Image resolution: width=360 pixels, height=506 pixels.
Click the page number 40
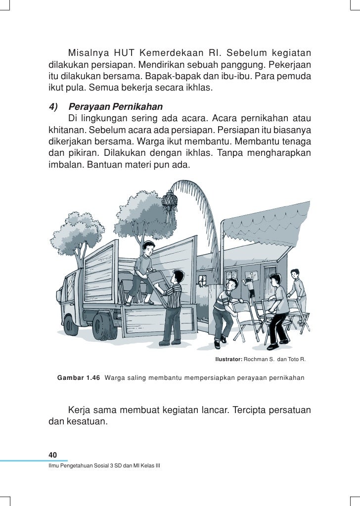53,455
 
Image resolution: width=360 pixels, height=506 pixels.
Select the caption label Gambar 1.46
79,378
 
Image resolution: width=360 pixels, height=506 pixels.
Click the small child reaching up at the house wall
250,287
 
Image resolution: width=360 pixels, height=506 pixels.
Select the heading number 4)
53,107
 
